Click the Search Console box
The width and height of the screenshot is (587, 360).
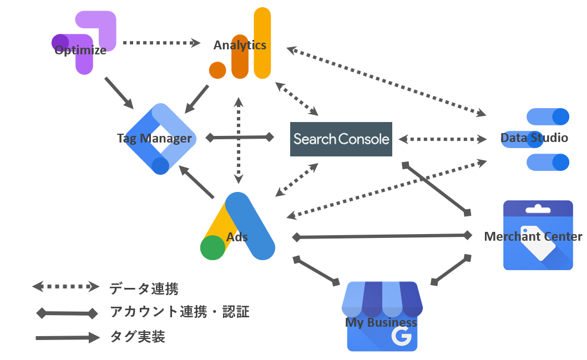(x=341, y=139)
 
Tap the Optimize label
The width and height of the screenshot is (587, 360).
(x=80, y=50)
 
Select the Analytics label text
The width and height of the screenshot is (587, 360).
(x=240, y=45)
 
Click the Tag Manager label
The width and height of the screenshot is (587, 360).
(x=154, y=138)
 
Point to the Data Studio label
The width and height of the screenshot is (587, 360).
(x=534, y=138)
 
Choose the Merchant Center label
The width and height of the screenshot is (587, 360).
(x=533, y=237)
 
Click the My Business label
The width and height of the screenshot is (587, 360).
(x=381, y=322)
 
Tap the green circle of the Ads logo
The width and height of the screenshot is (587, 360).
(x=212, y=247)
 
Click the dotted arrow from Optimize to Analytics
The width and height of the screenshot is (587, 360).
(x=161, y=42)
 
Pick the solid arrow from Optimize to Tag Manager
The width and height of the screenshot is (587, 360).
(x=119, y=93)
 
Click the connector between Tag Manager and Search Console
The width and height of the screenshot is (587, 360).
(x=240, y=137)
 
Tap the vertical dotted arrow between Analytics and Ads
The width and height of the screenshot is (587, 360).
(x=239, y=140)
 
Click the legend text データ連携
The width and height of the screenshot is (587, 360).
(x=144, y=288)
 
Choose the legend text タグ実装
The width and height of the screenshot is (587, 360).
(x=137, y=337)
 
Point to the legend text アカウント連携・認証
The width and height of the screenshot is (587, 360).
(x=179, y=312)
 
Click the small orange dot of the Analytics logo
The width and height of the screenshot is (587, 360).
(x=217, y=70)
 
